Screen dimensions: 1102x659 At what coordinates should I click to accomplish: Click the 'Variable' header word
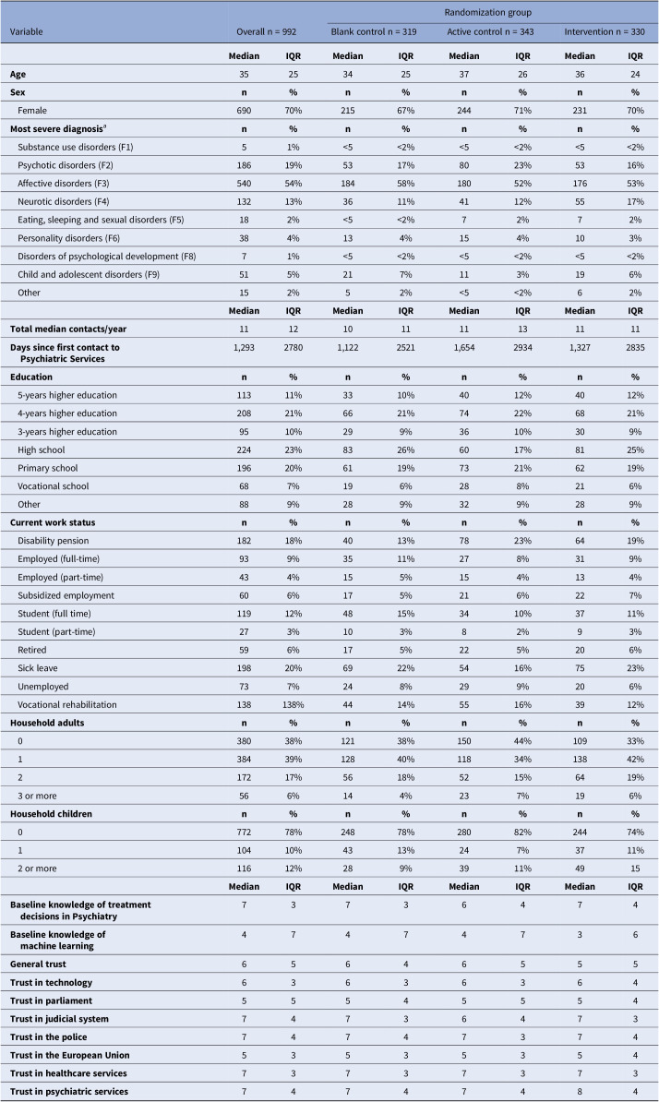tap(29, 30)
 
